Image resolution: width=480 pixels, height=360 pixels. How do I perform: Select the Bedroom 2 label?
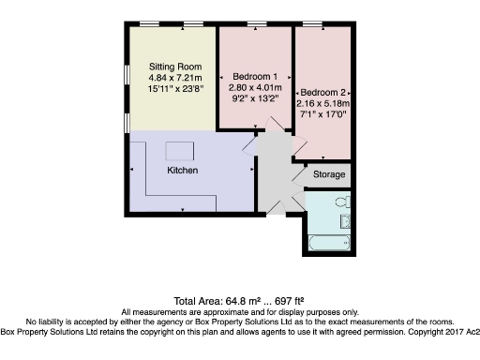click(x=324, y=92)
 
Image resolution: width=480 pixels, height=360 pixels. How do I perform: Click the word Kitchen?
click(x=181, y=171)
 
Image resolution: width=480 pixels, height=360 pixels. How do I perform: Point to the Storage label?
click(x=329, y=174)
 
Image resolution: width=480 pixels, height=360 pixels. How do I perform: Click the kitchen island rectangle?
click(x=177, y=150)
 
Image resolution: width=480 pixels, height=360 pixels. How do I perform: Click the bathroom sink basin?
click(x=346, y=221)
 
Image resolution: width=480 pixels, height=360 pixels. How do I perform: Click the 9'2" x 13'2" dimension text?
click(x=255, y=97)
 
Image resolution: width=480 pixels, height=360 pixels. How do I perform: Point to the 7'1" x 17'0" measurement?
click(x=324, y=114)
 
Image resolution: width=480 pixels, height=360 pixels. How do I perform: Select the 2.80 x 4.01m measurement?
click(x=255, y=85)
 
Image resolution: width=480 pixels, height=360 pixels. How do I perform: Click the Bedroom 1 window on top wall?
click(x=256, y=23)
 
